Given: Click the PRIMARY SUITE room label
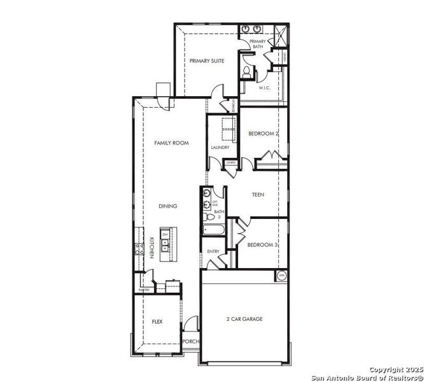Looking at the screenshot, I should (x=206, y=61).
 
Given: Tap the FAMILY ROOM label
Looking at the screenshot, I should (x=171, y=143).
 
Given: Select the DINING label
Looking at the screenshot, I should (x=168, y=206).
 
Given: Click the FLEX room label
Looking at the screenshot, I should (x=157, y=322).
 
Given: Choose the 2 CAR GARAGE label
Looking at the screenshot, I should (x=244, y=319).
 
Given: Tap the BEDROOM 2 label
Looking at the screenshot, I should (x=263, y=134).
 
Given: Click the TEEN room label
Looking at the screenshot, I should (x=258, y=195).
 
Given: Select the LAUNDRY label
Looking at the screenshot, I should (x=220, y=148).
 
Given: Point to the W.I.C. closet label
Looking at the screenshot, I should (x=265, y=88).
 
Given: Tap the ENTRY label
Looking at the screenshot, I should (x=213, y=251).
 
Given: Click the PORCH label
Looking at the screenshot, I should (x=190, y=341).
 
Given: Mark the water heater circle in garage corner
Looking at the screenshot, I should (x=282, y=276).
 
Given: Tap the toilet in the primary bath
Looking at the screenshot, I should (x=246, y=71).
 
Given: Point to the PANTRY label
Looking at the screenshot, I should (x=145, y=290).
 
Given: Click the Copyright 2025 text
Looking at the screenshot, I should (x=395, y=369).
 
